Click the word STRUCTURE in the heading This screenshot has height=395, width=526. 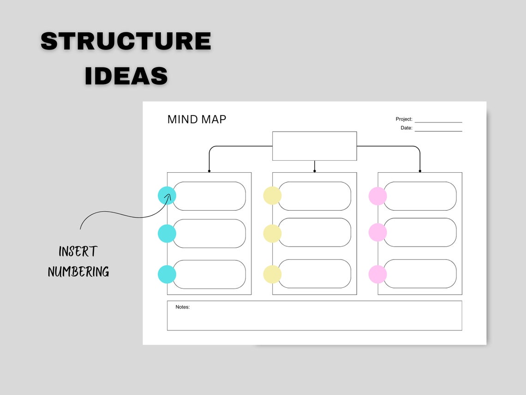126,42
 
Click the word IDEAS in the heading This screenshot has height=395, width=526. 126,76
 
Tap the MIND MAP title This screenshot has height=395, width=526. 197,120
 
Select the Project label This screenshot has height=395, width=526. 404,119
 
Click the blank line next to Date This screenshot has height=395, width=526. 438,129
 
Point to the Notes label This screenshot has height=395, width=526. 182,307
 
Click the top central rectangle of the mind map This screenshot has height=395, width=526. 314,146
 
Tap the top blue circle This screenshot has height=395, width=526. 167,195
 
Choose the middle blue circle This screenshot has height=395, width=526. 167,233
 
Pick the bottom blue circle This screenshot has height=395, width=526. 167,274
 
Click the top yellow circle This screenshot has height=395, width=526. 272,195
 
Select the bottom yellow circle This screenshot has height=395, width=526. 272,274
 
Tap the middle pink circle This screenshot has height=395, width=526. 377,232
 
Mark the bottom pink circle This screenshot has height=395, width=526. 377,274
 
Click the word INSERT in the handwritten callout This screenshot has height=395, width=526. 78,252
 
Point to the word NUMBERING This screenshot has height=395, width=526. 78,272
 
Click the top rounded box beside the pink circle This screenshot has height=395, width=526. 420,196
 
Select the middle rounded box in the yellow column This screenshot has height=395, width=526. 314,232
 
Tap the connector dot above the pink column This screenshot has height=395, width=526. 420,171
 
